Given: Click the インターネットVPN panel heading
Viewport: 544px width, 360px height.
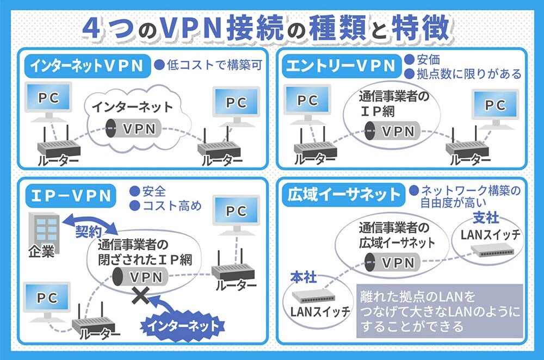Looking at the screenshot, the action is click(x=87, y=66).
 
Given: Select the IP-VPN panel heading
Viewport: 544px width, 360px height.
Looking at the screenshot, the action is click(x=71, y=196).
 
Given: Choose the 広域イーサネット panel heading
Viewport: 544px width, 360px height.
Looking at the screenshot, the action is click(x=343, y=195).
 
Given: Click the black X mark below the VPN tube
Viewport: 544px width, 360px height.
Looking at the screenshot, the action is click(x=140, y=295).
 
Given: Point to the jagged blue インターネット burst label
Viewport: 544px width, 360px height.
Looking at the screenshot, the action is click(x=182, y=326).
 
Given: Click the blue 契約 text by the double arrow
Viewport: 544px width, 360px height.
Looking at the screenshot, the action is click(x=89, y=232).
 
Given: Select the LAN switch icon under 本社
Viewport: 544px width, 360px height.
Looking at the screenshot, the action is click(x=314, y=296).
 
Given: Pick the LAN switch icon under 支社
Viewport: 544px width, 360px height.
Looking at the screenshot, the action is click(x=492, y=250).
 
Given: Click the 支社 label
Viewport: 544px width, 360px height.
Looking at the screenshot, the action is click(x=486, y=218).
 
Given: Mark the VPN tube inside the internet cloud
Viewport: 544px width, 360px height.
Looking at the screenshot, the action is click(x=134, y=129).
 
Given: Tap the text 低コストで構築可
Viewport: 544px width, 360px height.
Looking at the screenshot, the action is click(x=214, y=65).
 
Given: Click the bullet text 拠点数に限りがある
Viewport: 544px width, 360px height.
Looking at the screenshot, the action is click(x=469, y=74).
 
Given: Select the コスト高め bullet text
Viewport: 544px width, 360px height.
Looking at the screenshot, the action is click(x=172, y=206).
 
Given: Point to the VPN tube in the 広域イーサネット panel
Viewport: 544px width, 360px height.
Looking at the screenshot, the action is click(x=392, y=263).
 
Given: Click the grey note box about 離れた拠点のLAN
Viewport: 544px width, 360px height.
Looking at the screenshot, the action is click(x=440, y=311).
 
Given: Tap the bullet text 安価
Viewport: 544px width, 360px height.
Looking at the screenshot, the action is click(x=428, y=60).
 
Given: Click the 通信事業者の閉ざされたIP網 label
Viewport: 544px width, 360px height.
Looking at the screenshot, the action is click(x=145, y=252).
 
